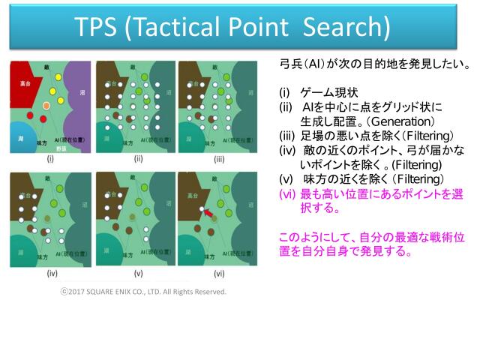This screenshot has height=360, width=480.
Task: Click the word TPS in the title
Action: pyautogui.click(x=95, y=28)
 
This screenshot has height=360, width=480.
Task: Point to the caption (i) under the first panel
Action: pyautogui.click(x=49, y=158)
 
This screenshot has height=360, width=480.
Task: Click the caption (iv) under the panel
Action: pyautogui.click(x=50, y=273)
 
